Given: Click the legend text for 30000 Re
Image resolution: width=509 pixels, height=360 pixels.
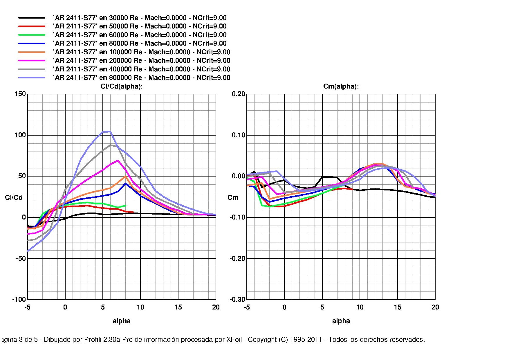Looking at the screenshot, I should click(140, 18).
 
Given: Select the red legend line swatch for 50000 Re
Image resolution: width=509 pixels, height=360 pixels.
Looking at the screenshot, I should click(32, 26).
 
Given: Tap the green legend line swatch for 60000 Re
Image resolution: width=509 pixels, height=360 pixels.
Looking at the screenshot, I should click(32, 35).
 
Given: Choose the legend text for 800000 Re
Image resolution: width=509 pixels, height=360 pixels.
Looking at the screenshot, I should click(141, 78).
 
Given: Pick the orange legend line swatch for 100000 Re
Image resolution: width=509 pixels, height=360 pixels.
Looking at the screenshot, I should click(32, 52).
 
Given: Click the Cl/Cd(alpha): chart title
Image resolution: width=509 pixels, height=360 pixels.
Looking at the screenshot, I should click(122, 87).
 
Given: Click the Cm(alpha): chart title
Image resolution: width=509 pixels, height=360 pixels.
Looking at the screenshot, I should click(341, 87).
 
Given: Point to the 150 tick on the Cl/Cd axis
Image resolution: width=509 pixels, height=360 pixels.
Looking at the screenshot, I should click(20, 94).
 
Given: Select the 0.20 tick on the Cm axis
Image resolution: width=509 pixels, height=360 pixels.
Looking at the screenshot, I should click(239, 94).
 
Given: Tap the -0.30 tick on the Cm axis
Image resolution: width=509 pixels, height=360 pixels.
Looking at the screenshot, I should click(238, 300).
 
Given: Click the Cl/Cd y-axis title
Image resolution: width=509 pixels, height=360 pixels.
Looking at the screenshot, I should click(14, 198).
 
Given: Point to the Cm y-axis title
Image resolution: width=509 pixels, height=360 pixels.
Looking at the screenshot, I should click(233, 198).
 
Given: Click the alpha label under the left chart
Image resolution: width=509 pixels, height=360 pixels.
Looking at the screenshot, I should click(122, 321).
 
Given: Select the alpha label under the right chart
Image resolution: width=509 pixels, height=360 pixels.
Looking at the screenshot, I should click(341, 321).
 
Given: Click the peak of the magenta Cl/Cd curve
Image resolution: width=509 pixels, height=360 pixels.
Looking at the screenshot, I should click(118, 160).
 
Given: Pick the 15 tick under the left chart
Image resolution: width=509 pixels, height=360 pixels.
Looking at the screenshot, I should click(178, 307).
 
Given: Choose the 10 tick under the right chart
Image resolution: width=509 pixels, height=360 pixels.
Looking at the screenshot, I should click(360, 307).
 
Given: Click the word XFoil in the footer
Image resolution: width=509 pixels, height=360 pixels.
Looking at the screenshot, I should click(234, 340).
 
